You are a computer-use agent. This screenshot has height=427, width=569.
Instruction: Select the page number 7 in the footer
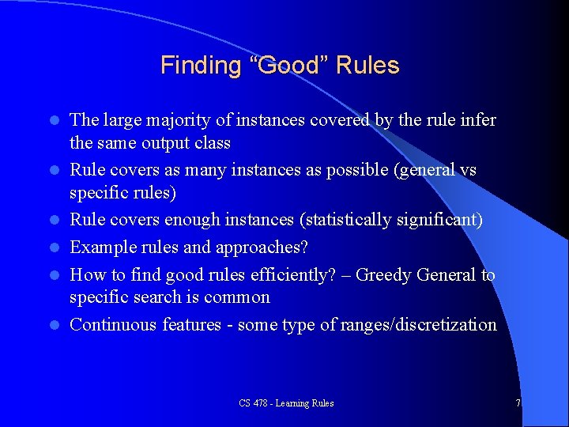tap(518, 403)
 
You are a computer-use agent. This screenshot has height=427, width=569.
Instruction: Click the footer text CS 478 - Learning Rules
tap(286, 403)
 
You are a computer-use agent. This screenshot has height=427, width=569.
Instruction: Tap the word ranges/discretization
tap(429, 324)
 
